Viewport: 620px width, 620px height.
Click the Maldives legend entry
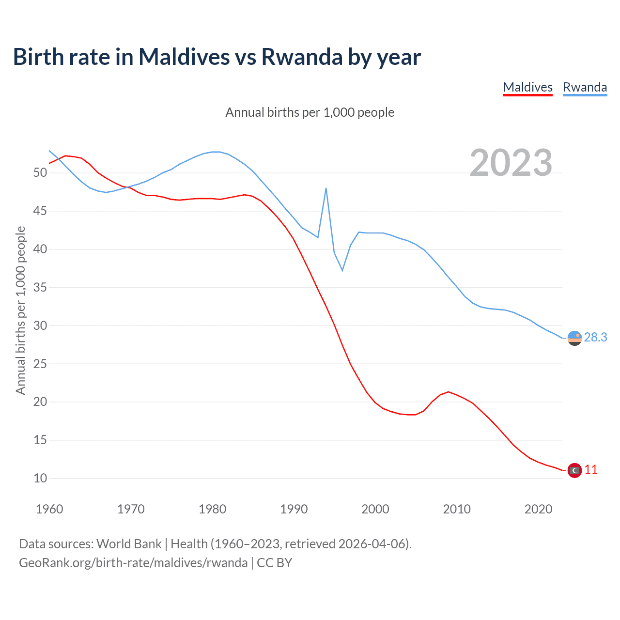(x=527, y=87)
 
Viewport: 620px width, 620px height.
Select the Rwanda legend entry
(x=585, y=87)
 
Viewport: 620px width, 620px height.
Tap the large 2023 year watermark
(x=511, y=163)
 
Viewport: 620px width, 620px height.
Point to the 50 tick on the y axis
(x=40, y=173)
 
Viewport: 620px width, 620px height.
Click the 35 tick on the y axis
(x=40, y=288)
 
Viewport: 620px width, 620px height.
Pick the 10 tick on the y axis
(x=40, y=479)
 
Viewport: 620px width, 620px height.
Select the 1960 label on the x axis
(x=49, y=509)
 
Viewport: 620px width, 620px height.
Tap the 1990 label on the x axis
(x=294, y=509)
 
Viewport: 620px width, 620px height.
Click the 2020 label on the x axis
(x=538, y=509)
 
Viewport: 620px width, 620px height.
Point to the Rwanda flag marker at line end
(x=574, y=338)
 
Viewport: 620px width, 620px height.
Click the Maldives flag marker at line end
(x=574, y=470)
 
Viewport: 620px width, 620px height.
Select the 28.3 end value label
(x=595, y=338)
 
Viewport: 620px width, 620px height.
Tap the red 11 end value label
(x=591, y=470)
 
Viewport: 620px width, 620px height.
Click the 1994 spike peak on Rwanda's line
(x=326, y=188)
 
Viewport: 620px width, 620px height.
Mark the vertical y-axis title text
(x=20, y=310)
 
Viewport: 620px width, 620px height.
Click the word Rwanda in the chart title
(x=302, y=57)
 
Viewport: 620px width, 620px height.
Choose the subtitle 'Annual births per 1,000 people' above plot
(x=310, y=112)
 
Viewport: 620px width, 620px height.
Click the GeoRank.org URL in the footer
(x=133, y=563)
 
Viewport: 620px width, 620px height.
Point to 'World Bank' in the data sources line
(x=129, y=544)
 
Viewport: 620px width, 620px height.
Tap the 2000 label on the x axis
(x=375, y=509)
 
